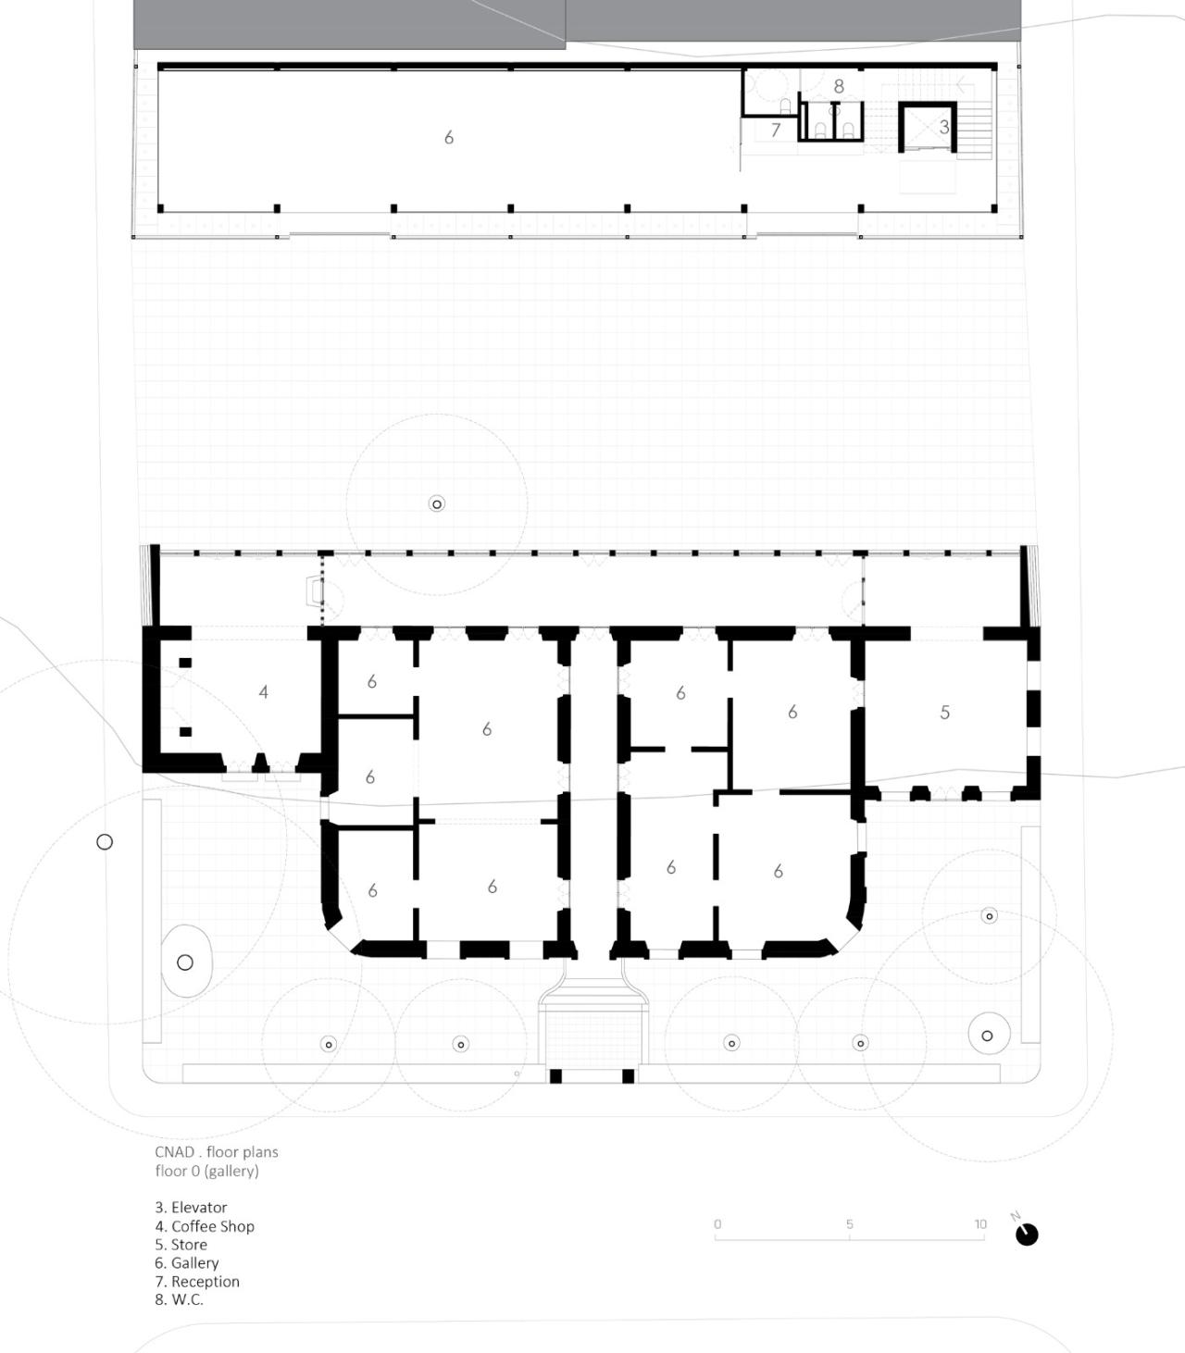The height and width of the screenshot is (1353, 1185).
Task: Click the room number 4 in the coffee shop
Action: pos(264,692)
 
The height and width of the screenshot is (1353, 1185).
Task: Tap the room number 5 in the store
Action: pos(944,713)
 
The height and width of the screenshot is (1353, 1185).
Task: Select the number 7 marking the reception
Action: pos(776,131)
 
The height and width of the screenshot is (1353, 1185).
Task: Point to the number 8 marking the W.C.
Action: pos(839,86)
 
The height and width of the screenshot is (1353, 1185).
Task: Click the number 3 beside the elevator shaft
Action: pos(943,127)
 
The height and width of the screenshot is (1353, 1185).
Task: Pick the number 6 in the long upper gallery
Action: pos(449,138)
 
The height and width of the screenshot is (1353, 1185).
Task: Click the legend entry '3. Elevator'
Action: pos(191,1208)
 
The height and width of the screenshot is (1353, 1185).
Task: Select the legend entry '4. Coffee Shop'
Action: pos(205,1226)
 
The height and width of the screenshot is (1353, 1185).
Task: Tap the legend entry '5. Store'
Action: pos(181,1245)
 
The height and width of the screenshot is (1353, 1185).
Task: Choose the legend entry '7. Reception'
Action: pos(197,1282)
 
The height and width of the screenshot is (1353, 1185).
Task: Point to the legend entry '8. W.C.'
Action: pos(179,1299)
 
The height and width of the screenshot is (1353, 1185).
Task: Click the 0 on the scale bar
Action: pos(717,1224)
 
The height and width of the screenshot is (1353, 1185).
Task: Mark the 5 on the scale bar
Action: pos(849,1224)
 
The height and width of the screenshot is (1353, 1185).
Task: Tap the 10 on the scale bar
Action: pos(980,1224)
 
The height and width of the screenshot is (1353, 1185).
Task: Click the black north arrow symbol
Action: pos(1027,1235)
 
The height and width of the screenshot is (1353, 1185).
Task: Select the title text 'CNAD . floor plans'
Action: pos(217,1152)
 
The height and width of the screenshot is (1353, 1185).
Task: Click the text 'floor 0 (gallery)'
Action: pos(206,1171)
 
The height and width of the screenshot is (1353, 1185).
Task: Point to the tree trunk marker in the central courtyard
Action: pos(437,504)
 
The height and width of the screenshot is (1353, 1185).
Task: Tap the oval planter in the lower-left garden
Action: pos(186,962)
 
